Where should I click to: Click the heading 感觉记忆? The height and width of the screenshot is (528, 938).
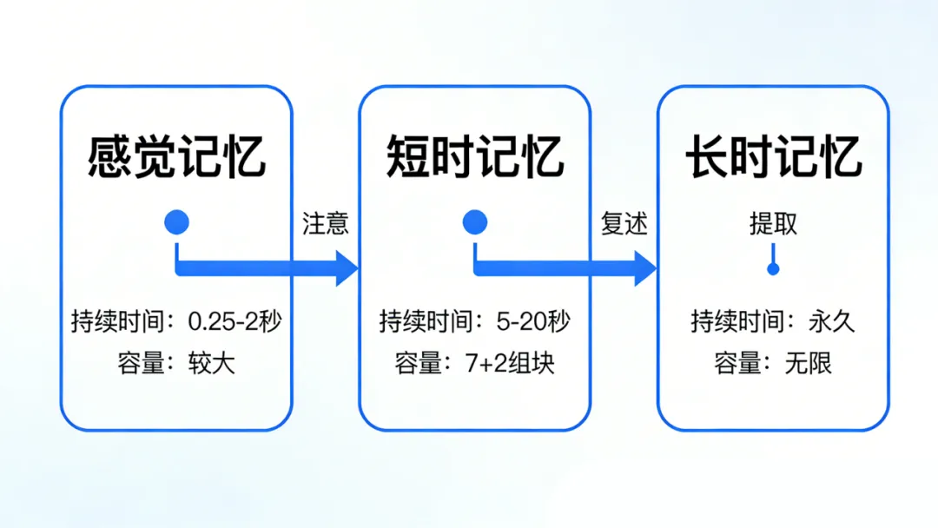click(176, 157)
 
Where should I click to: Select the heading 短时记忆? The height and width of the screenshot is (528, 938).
click(475, 157)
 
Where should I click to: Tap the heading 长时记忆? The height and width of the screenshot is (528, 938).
click(773, 157)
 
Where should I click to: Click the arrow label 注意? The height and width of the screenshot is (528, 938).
click(326, 224)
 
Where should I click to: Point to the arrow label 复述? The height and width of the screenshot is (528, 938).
click(624, 224)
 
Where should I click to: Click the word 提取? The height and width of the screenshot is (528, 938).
click(773, 224)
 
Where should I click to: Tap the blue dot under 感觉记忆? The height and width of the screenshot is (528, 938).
click(176, 223)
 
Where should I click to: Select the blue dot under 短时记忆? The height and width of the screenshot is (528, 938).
click(475, 223)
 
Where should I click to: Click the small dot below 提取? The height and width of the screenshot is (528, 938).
click(773, 269)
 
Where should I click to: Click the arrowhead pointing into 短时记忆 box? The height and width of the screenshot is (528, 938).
click(347, 268)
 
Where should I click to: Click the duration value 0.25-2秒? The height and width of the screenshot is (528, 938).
click(234, 322)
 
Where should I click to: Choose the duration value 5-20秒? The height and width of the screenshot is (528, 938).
click(533, 322)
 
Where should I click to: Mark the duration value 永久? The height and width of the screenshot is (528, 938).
click(831, 322)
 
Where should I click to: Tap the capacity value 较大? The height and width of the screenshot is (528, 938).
click(212, 363)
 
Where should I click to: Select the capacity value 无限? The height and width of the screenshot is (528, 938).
click(809, 363)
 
